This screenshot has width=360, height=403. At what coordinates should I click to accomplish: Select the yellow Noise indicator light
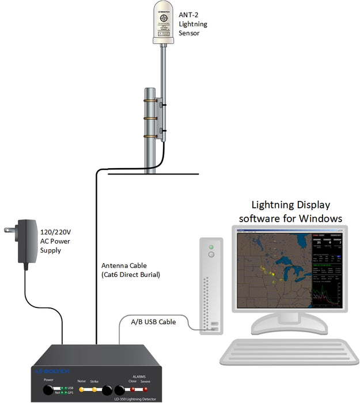[x=81, y=389]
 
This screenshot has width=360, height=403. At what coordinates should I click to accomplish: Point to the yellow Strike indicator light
[x=94, y=389]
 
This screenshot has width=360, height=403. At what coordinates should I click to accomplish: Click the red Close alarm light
[x=132, y=389]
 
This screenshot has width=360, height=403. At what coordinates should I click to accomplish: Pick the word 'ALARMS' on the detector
[x=139, y=375]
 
